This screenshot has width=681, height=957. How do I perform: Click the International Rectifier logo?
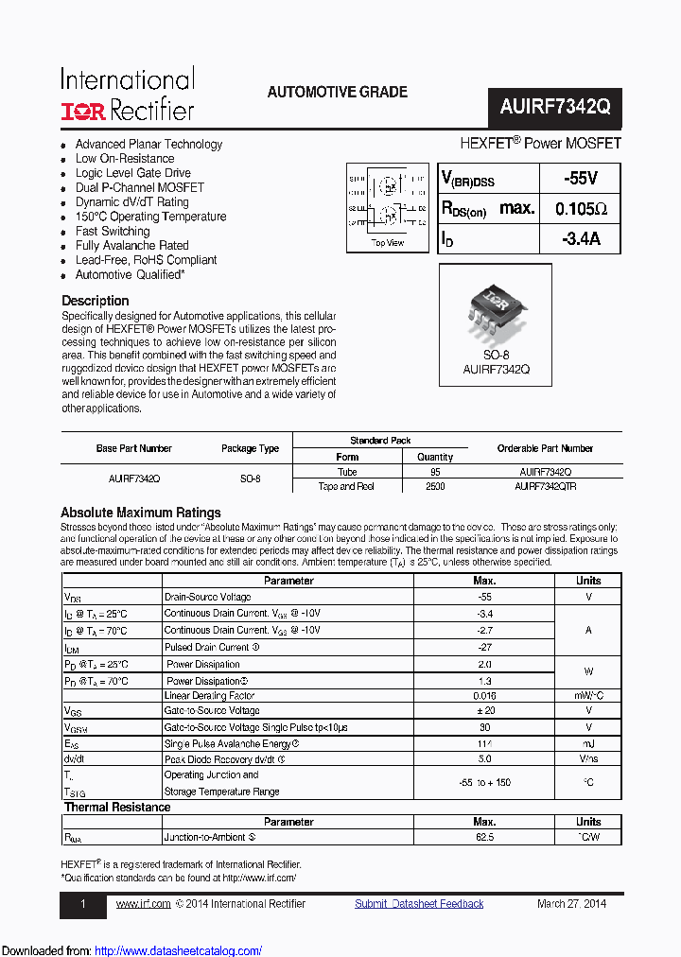(128, 95)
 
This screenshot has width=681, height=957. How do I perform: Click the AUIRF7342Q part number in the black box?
(555, 108)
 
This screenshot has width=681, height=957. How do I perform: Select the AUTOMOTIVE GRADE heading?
(338, 92)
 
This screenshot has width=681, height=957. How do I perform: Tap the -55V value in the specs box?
(579, 179)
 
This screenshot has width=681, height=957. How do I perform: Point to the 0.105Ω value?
(581, 209)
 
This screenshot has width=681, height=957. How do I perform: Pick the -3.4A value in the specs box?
(580, 239)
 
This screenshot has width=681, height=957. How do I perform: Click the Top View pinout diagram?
(388, 205)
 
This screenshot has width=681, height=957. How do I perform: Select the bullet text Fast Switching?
(113, 231)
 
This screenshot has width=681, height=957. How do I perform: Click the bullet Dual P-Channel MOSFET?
(139, 187)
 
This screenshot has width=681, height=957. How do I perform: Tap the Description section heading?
(95, 301)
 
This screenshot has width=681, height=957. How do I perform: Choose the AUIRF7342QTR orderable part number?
(546, 486)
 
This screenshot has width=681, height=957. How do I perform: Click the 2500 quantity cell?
(435, 486)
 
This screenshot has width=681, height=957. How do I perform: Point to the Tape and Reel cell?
(347, 486)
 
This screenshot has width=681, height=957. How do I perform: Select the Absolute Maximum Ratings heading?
(141, 513)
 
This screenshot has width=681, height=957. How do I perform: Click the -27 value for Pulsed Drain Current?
(483, 648)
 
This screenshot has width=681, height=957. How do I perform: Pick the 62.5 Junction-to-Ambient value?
(483, 837)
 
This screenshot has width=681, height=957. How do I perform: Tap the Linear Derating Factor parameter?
(211, 696)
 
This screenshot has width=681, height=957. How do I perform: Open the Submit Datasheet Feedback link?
(419, 904)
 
